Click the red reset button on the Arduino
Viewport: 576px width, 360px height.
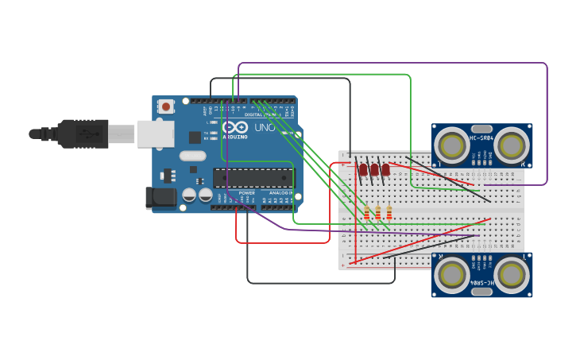pos(165,106)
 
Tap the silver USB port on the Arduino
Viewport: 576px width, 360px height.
pos(155,134)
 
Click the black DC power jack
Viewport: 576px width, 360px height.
pos(160,198)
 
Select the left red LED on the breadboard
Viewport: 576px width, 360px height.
pos(363,169)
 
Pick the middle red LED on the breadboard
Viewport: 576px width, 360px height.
pos(374,169)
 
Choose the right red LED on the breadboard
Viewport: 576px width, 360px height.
pos(385,169)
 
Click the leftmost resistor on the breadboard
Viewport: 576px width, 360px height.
pos(367,212)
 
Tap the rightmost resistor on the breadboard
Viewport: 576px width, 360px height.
pos(389,212)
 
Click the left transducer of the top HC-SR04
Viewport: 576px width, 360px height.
pos(452,145)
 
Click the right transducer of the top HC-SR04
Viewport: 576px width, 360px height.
pos(512,145)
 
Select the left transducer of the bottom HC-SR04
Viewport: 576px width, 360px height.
pos(452,274)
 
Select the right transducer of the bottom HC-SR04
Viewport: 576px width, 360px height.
pos(512,274)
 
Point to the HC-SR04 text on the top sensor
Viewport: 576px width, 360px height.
pos(482,139)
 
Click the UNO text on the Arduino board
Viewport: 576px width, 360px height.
pos(263,127)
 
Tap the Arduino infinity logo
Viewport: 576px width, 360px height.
pos(235,127)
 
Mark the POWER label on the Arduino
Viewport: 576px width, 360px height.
pos(247,193)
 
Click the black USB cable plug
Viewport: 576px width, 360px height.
pos(83,134)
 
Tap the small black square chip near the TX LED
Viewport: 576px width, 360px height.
pos(195,137)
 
